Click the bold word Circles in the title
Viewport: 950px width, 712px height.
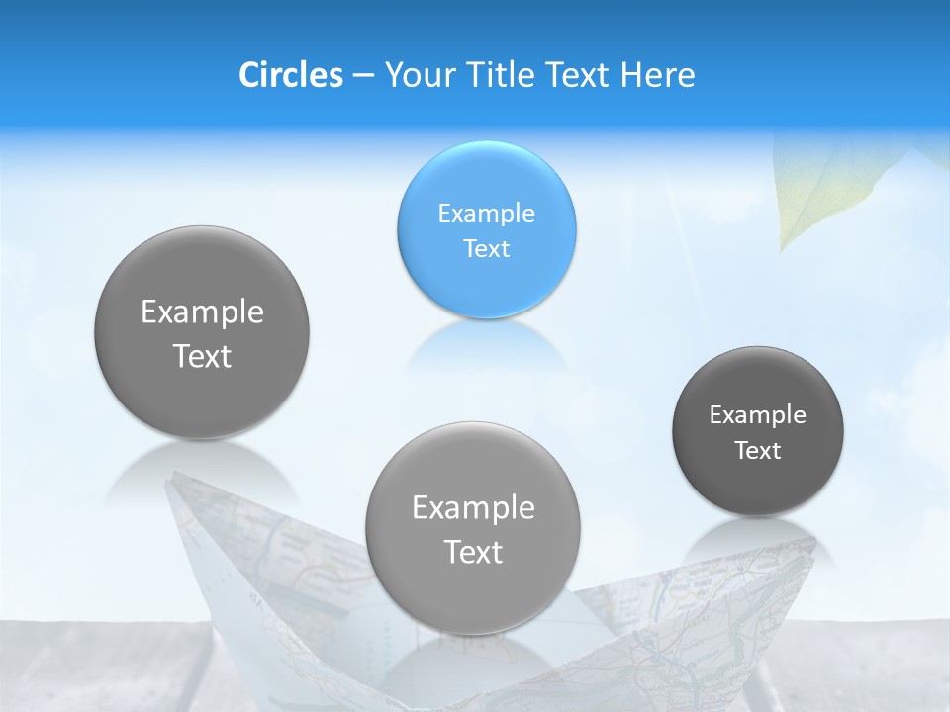[x=291, y=75]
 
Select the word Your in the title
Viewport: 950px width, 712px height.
[x=417, y=75]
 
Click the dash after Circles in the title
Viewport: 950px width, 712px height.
[x=363, y=76]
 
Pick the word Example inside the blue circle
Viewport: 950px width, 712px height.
[x=486, y=213]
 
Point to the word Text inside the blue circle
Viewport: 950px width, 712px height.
[x=486, y=248]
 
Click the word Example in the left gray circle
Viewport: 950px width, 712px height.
[x=202, y=311]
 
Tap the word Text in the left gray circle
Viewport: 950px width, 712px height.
[x=202, y=356]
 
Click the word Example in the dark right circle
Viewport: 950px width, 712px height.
[x=758, y=414]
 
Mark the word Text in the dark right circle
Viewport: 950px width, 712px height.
[x=758, y=451]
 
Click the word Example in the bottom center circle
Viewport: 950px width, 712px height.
[x=473, y=507]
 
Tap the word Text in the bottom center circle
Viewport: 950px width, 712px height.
[x=473, y=552]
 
